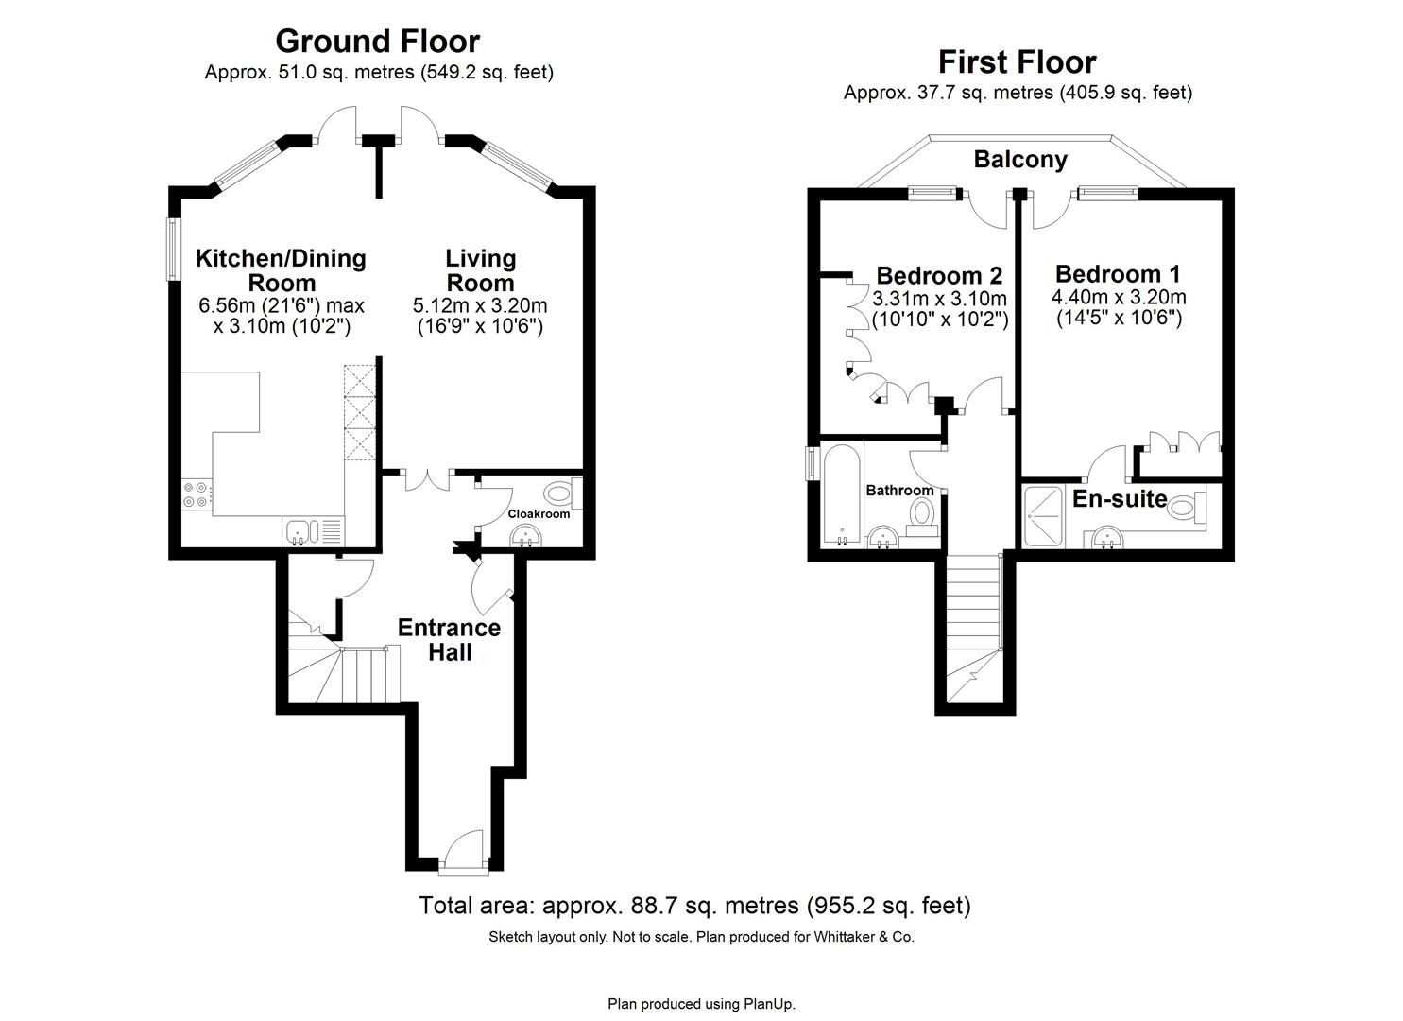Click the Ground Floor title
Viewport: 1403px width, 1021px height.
pyautogui.click(x=378, y=42)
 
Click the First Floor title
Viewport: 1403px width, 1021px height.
pyautogui.click(x=1017, y=62)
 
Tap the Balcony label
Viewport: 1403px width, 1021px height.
pyautogui.click(x=1020, y=160)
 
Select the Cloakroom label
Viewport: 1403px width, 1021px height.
pyautogui.click(x=539, y=514)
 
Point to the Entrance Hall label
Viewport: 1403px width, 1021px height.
pyautogui.click(x=449, y=640)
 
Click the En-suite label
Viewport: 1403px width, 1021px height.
pyautogui.click(x=1120, y=499)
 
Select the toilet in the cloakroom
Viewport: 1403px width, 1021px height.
pyautogui.click(x=561, y=493)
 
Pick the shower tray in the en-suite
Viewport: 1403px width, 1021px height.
pyautogui.click(x=1048, y=515)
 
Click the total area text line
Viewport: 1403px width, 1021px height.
pyautogui.click(x=694, y=906)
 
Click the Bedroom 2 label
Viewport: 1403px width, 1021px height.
pyautogui.click(x=939, y=276)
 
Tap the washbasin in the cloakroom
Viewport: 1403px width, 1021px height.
pyautogui.click(x=526, y=538)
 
